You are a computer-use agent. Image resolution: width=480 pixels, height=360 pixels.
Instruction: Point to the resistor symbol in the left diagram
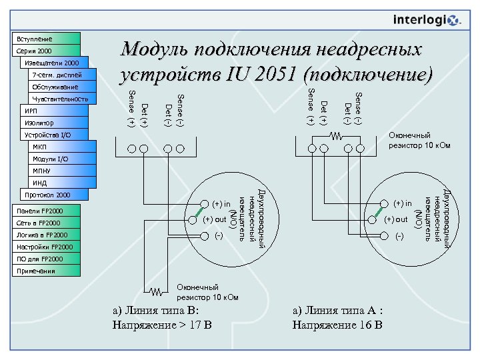156,291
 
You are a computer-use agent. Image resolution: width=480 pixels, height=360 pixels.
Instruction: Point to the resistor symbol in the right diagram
337,135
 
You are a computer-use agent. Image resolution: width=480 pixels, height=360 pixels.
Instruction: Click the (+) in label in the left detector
221,204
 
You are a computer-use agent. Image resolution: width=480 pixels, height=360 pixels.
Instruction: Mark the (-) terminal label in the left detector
219,235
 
